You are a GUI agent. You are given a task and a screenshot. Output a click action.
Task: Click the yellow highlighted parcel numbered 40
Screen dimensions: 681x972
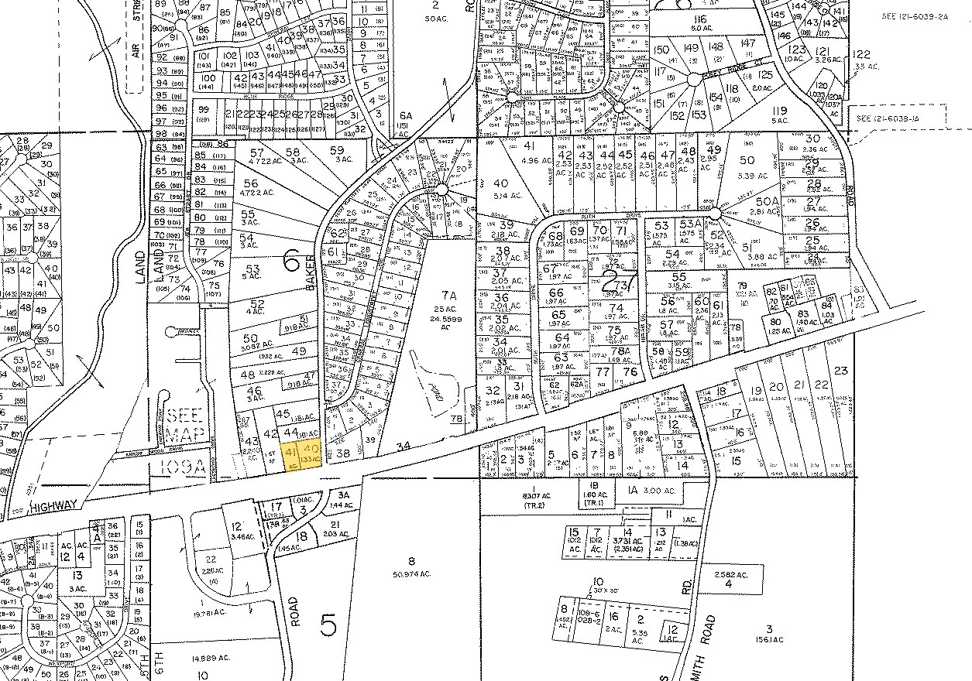tap(312, 453)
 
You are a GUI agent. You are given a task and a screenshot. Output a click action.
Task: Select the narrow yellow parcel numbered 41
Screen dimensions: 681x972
tap(291, 457)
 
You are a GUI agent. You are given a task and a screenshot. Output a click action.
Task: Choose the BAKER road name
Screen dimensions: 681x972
tap(312, 272)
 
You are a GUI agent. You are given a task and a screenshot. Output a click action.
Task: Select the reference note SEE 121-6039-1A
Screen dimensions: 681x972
tap(897, 118)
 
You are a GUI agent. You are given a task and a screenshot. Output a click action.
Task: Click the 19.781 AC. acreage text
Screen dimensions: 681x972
tap(208, 614)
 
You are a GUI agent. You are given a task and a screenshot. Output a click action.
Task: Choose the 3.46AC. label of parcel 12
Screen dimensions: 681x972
tap(238, 534)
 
